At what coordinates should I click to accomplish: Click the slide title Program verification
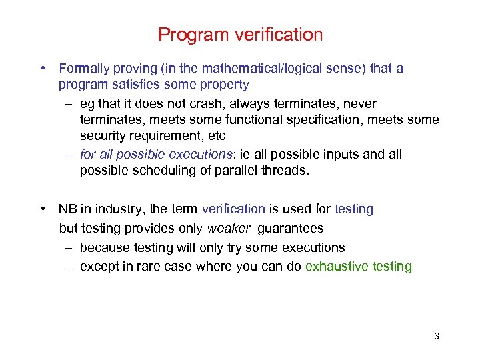coord(240,35)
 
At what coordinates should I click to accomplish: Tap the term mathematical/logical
coord(256,68)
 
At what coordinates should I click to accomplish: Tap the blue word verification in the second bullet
coord(233,209)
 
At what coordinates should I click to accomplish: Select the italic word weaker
coord(229,228)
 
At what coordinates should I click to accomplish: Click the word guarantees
coord(291,228)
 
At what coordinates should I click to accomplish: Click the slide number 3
coord(436,336)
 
